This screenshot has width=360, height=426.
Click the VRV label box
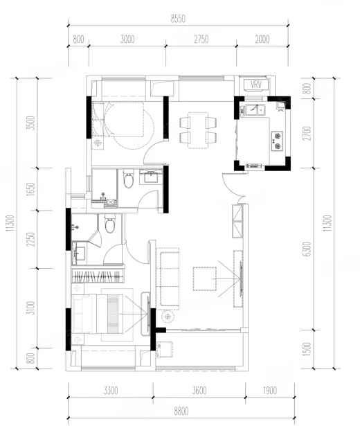click(x=256, y=85)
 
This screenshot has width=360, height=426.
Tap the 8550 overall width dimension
click(x=178, y=19)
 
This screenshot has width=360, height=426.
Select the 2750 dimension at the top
click(x=201, y=39)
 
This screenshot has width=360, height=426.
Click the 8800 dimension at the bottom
click(x=181, y=411)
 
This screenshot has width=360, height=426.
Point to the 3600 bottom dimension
click(x=199, y=391)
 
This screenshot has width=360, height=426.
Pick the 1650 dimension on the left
click(x=31, y=189)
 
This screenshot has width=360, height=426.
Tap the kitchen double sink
click(x=255, y=109)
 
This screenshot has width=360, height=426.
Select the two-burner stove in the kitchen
click(x=277, y=141)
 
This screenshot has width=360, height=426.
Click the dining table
click(x=198, y=130)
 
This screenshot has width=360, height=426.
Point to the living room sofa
click(x=168, y=278)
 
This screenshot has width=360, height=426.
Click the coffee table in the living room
click(x=205, y=278)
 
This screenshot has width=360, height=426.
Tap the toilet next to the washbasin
click(x=128, y=179)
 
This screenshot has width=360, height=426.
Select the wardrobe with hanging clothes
click(x=98, y=276)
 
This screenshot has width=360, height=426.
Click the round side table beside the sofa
click(x=168, y=317)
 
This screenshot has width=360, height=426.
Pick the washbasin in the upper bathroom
click(x=151, y=176)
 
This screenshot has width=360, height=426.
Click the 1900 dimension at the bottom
click(x=269, y=391)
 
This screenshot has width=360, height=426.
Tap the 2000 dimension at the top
click(x=262, y=39)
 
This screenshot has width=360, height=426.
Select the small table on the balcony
click(x=165, y=349)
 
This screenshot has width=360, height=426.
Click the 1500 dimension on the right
click(x=307, y=349)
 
